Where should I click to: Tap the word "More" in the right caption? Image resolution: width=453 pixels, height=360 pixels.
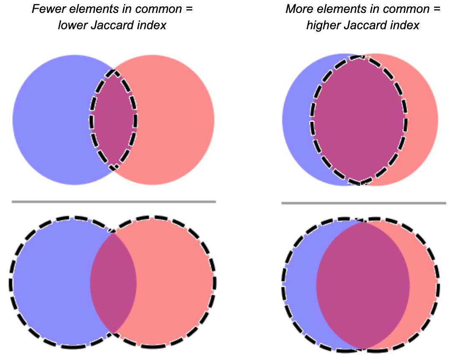[299, 9]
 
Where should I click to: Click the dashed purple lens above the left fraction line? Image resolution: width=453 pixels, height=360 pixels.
[113, 120]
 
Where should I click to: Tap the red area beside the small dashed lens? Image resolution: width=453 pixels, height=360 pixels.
[176, 120]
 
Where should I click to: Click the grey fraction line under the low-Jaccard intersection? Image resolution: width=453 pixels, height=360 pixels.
[114, 202]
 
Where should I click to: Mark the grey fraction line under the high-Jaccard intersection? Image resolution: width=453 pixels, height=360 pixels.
[364, 203]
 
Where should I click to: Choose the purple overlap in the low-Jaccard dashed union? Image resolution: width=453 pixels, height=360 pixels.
[113, 283]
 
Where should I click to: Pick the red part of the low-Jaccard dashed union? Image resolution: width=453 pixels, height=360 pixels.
[176, 283]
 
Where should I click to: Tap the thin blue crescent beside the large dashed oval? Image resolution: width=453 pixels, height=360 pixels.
[297, 120]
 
